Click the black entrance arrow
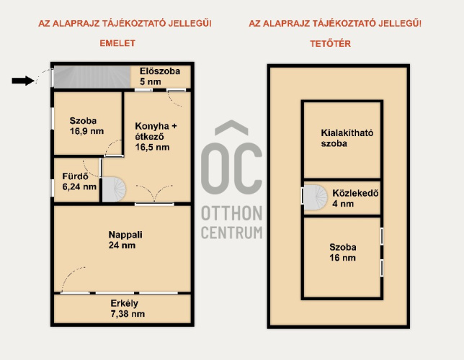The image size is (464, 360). pyautogui.click(x=23, y=81)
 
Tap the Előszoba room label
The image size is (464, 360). pyautogui.click(x=160, y=71)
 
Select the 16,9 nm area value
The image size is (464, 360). pyautogui.click(x=86, y=131)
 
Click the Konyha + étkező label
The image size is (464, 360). pyautogui.click(x=156, y=131)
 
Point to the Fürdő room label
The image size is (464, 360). pyautogui.click(x=75, y=176)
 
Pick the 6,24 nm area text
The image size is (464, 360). pyautogui.click(x=79, y=186)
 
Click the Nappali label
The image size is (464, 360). pyautogui.click(x=125, y=235)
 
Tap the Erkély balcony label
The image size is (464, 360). pyautogui.click(x=124, y=303)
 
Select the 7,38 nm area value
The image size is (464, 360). pyautogui.click(x=128, y=314)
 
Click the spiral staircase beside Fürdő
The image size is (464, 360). pyautogui.click(x=114, y=189)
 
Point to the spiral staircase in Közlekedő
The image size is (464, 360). pyautogui.click(x=316, y=197)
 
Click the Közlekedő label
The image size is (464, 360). pyautogui.click(x=355, y=193)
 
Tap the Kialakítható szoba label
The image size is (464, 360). pyautogui.click(x=347, y=138)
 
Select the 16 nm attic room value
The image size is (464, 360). pyautogui.click(x=342, y=258)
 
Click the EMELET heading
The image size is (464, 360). pyautogui.click(x=117, y=43)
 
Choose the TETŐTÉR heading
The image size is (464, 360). pyautogui.click(x=330, y=44)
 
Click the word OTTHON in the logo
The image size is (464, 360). pyautogui.click(x=232, y=213)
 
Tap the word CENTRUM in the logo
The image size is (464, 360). pyautogui.click(x=232, y=233)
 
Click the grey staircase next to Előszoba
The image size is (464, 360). pyautogui.click(x=92, y=77)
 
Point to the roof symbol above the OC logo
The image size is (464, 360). pyautogui.click(x=231, y=127)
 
